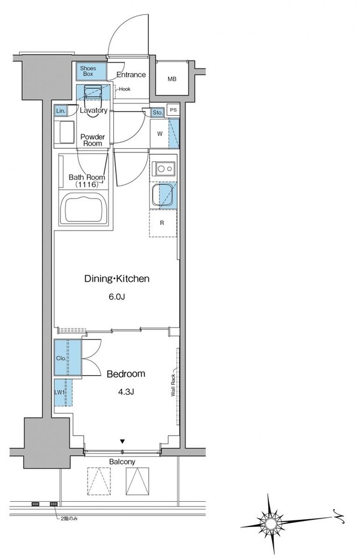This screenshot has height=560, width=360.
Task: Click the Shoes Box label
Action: tap(88, 71)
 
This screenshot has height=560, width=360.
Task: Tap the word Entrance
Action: tap(131, 74)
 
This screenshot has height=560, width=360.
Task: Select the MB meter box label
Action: tap(172, 79)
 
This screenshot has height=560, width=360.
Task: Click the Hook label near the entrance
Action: tap(125, 89)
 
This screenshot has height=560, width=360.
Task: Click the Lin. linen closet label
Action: tap(61, 111)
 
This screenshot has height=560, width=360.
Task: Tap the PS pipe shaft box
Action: tap(173, 110)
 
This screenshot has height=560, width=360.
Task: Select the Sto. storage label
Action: tap(157, 113)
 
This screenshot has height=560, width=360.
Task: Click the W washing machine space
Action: tap(160, 134)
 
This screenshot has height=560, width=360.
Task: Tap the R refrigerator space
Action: tap(163, 223)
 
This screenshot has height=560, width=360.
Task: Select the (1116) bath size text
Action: tap(86, 185)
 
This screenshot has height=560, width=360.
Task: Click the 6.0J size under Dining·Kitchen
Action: tap(116, 297)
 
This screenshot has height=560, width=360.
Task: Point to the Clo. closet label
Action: tap(61, 358)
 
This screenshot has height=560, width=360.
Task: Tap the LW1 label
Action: tap(59, 393)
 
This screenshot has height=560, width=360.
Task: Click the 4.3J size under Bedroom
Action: tap(126, 392)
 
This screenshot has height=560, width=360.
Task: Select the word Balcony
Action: tap(122, 462)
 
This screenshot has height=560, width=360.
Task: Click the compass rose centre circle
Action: tap(270, 523)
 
